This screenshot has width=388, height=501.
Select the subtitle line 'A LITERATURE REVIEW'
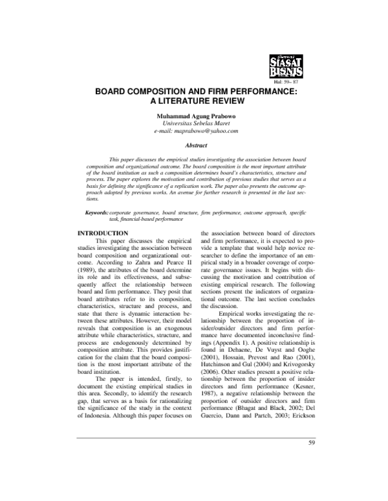193,102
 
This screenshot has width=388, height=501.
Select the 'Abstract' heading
193,146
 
